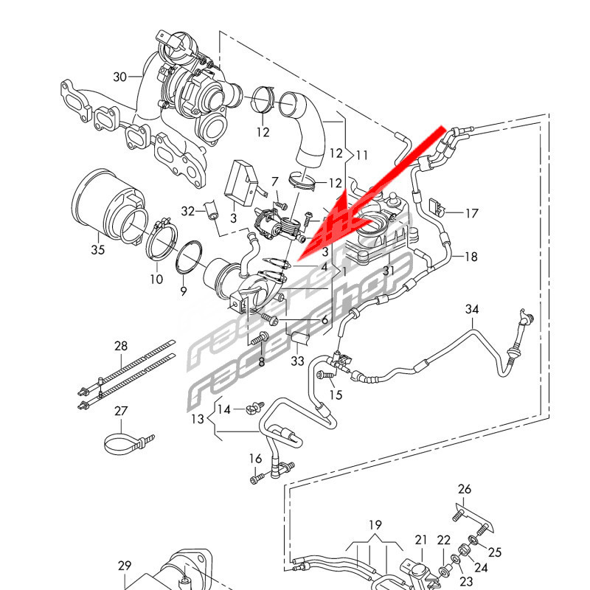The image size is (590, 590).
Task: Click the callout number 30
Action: tap(120, 77)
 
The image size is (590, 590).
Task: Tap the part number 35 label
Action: tap(98, 250)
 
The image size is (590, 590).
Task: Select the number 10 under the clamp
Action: tap(156, 279)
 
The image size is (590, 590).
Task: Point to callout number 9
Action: tap(184, 291)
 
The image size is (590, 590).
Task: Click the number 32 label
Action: tap(188, 212)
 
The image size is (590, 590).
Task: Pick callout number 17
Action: tap(471, 214)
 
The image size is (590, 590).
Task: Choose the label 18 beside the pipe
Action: tap(471, 257)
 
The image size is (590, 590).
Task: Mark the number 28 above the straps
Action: tap(121, 346)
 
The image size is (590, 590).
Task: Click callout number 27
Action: tap(121, 412)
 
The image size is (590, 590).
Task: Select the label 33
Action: tap(297, 361)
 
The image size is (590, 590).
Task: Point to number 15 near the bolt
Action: tap(336, 395)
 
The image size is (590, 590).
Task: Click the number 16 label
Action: tap(255, 459)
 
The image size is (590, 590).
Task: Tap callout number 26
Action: tap(464, 489)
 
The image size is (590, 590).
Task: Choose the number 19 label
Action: tap(375, 525)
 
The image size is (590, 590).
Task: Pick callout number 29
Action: tap(125, 566)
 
